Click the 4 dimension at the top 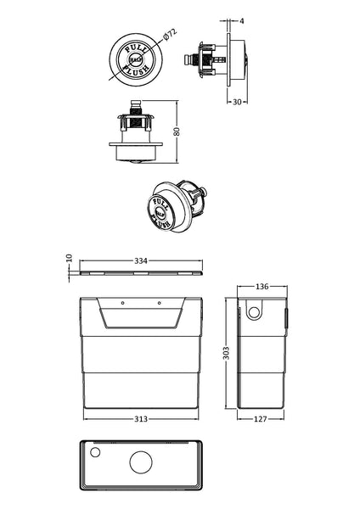[242, 20]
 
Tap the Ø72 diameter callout [168, 36]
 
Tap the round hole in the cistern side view [253, 311]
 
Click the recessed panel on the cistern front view [143, 318]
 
